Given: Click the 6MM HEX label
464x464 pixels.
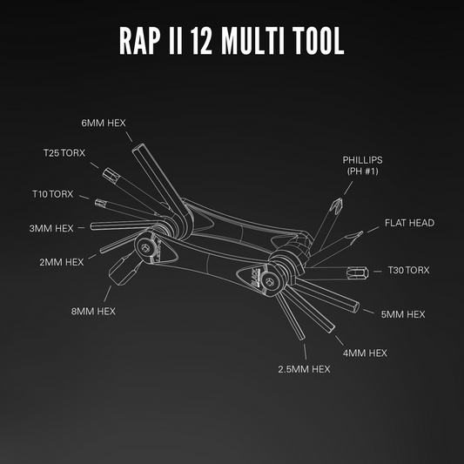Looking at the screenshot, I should point(104,123).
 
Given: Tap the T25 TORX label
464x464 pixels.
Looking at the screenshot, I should point(65,153).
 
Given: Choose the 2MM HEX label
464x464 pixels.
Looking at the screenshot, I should point(62,260).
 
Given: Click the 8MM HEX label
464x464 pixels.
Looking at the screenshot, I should point(93,311).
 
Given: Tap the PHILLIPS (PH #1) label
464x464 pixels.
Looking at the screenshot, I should point(362,165).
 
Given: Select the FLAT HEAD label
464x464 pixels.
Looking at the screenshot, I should point(409,223).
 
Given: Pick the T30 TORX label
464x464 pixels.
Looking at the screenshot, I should point(408,270).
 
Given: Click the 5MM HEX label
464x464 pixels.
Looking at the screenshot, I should point(403,313).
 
